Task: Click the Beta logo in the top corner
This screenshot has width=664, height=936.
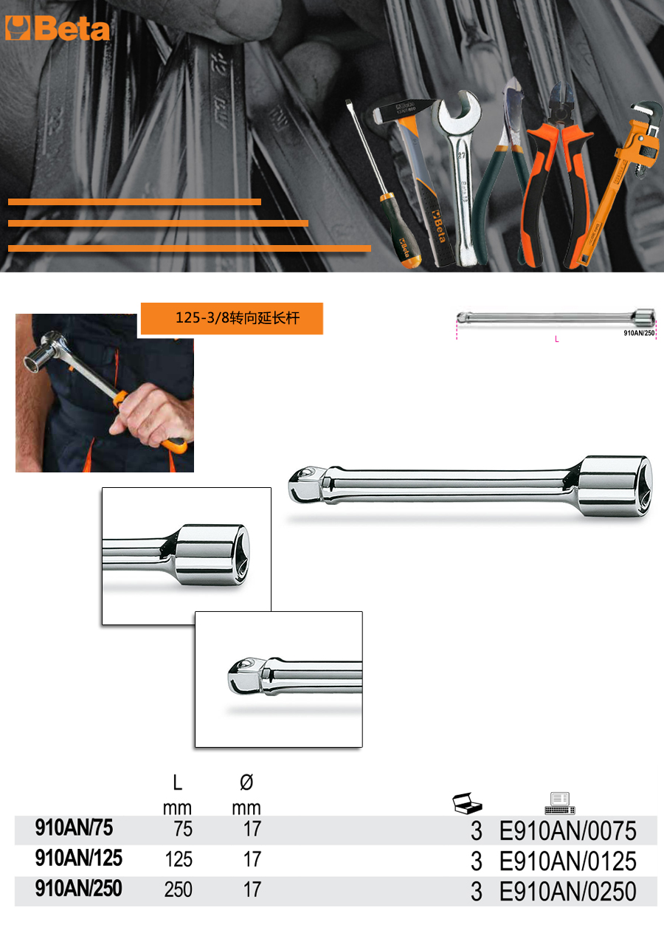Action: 58,28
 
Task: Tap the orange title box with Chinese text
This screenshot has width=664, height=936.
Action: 232,318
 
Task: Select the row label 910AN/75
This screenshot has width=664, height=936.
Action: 74,827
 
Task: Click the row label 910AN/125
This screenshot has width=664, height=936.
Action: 78,858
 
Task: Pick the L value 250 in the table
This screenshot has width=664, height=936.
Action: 179,889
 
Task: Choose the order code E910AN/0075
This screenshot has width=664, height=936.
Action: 568,830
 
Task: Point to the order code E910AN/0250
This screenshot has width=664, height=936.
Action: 568,892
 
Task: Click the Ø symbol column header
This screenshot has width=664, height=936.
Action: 246,782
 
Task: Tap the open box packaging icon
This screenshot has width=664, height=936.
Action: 467,802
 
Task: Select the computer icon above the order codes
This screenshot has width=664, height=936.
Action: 560,803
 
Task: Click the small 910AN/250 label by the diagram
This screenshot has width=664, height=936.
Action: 639,333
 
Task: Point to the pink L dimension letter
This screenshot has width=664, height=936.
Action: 557,339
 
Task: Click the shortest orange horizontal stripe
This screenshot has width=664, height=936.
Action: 134,202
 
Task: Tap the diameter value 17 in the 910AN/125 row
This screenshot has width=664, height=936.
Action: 252,859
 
